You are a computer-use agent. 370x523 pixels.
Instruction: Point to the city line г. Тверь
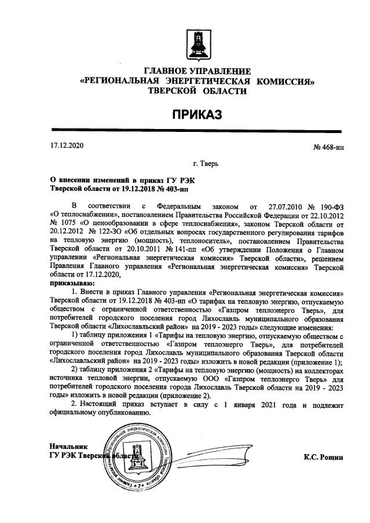pos(206,165)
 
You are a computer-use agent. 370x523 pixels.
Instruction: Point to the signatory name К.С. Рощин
pos(323,456)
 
